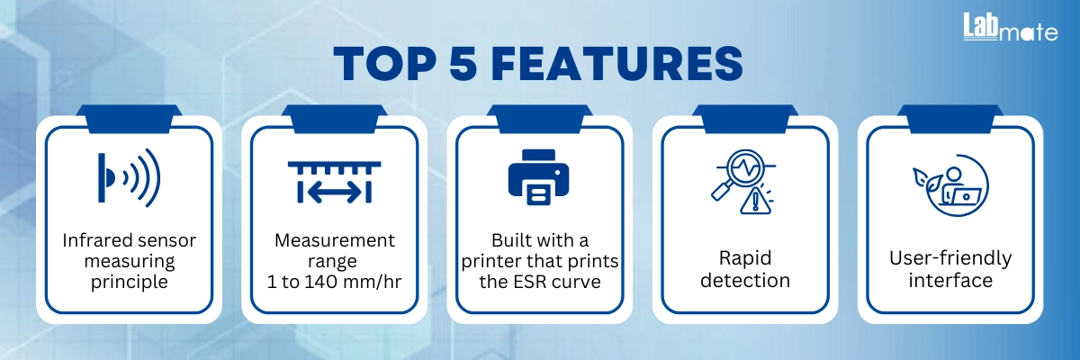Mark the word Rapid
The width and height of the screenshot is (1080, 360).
pos(745,259)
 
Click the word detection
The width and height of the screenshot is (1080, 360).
pos(745,280)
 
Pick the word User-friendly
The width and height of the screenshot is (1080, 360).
pos(950,259)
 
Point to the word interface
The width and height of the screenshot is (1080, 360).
pos(950,280)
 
